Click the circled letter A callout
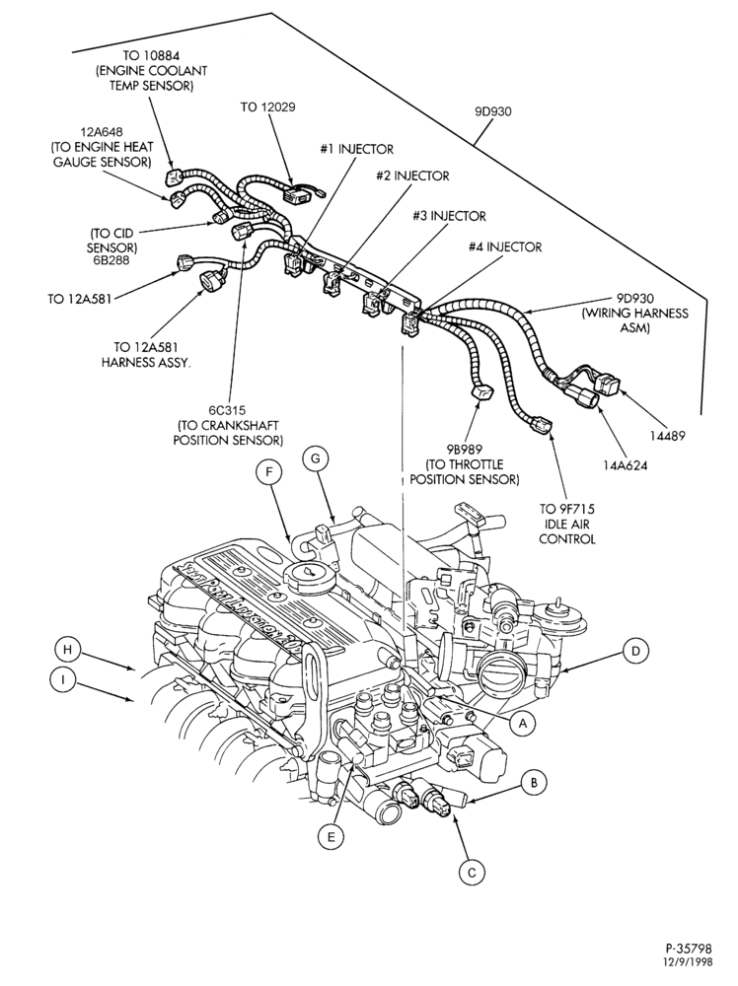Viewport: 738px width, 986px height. (x=521, y=723)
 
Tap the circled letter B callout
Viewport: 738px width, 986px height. (x=534, y=783)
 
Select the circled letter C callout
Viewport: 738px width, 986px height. (x=472, y=873)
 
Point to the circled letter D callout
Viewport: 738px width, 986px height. (x=636, y=651)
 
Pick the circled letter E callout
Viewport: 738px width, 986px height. (x=331, y=836)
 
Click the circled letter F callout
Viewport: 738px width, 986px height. (x=269, y=473)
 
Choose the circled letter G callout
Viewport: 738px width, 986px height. (x=315, y=458)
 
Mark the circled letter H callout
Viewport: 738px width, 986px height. (x=68, y=650)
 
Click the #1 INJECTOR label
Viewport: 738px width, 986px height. (x=356, y=149)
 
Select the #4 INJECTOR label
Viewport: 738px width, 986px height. (x=504, y=247)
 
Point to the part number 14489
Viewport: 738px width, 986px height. (x=668, y=436)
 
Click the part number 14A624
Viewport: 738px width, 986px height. (x=626, y=466)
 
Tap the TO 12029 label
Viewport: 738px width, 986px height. (x=267, y=106)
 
